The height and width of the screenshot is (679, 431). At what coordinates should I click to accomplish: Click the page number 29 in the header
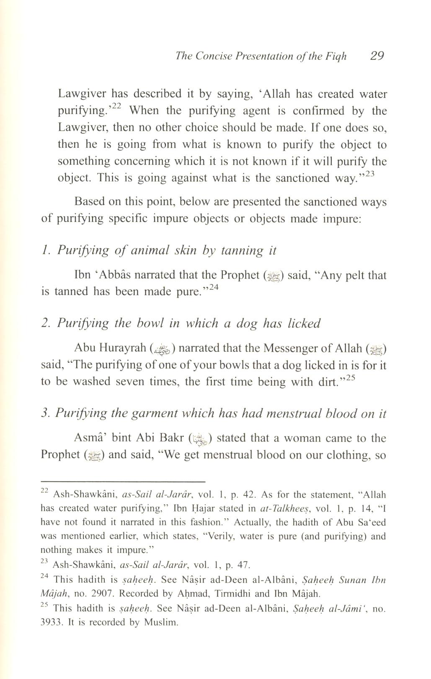(x=377, y=56)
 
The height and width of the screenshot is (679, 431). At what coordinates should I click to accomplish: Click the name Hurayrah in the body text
(x=122, y=348)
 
